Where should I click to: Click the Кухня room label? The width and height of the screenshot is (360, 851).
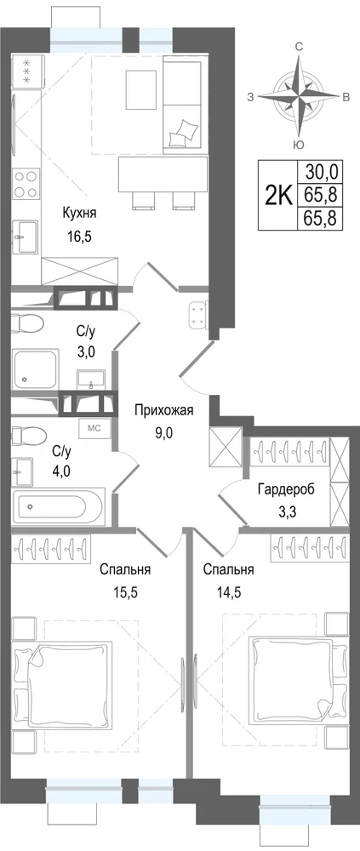(x=79, y=213)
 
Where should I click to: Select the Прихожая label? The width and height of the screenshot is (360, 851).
(x=164, y=410)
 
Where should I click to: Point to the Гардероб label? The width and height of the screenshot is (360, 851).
(x=286, y=489)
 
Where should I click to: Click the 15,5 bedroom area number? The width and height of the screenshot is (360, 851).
(x=125, y=592)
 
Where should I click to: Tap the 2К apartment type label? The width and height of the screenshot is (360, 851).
(x=278, y=194)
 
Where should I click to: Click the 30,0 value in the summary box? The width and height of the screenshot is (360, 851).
(x=322, y=172)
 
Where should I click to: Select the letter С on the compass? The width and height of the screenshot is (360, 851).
(x=298, y=47)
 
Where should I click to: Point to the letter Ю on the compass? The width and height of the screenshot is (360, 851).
(x=298, y=144)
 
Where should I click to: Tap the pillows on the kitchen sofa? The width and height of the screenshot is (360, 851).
(x=182, y=132)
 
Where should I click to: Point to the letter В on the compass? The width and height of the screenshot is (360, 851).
(x=345, y=98)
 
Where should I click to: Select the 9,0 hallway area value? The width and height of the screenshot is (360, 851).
(x=164, y=433)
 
